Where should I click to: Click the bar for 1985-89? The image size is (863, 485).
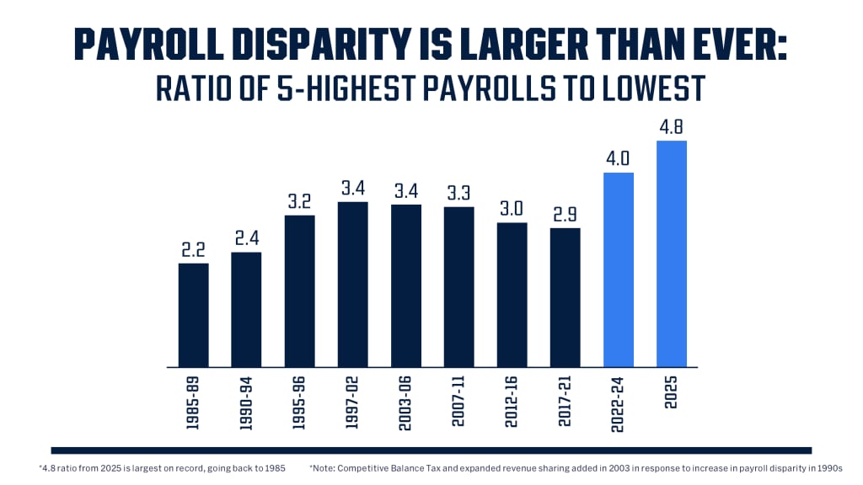pos(193,315)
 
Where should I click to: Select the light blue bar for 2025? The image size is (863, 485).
pos(672,253)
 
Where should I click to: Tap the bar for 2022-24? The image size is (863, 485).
pos(619,269)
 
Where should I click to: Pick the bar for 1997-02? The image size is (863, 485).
pos(352,285)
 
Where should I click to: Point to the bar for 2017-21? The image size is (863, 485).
pos(566,297)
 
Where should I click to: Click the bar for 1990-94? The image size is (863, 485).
pos(246,309)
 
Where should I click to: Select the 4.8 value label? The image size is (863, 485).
pos(672,127)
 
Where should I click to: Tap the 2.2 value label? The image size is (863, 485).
pos(193,250)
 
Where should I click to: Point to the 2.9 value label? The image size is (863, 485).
pos(566,215)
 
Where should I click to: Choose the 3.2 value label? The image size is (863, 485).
pos(299,202)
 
